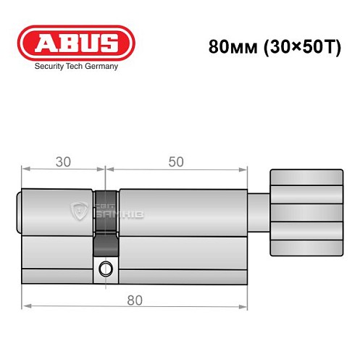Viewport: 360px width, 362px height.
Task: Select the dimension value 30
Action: (x=63, y=161)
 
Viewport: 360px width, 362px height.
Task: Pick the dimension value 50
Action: (x=175, y=161)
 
